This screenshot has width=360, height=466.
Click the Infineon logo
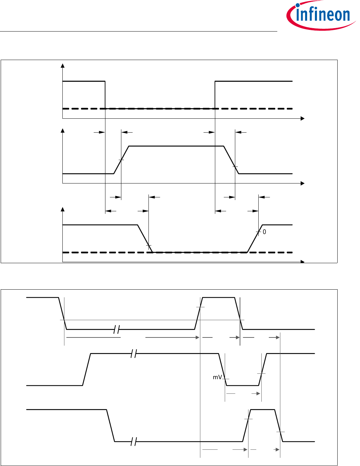(x=320, y=16)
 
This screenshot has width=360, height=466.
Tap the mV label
(x=217, y=377)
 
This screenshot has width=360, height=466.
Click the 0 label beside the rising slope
(x=264, y=232)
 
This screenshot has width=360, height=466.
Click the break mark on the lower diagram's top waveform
(x=117, y=329)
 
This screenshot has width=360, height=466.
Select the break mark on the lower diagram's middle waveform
(x=134, y=354)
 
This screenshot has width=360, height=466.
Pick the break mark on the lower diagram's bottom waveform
(x=134, y=442)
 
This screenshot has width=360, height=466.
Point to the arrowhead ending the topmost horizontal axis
(x=303, y=118)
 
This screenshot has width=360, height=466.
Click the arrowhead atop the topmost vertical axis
(x=62, y=66)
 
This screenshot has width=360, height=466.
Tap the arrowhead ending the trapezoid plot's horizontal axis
(x=303, y=183)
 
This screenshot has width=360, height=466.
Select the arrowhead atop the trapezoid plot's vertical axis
(x=62, y=131)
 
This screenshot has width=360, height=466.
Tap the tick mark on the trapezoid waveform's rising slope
(x=121, y=160)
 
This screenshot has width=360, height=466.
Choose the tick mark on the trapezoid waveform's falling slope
(x=235, y=167)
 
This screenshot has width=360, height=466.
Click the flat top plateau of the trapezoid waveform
(x=176, y=146)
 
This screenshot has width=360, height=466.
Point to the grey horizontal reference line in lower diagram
(x=153, y=320)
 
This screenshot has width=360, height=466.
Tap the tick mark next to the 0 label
(x=258, y=232)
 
